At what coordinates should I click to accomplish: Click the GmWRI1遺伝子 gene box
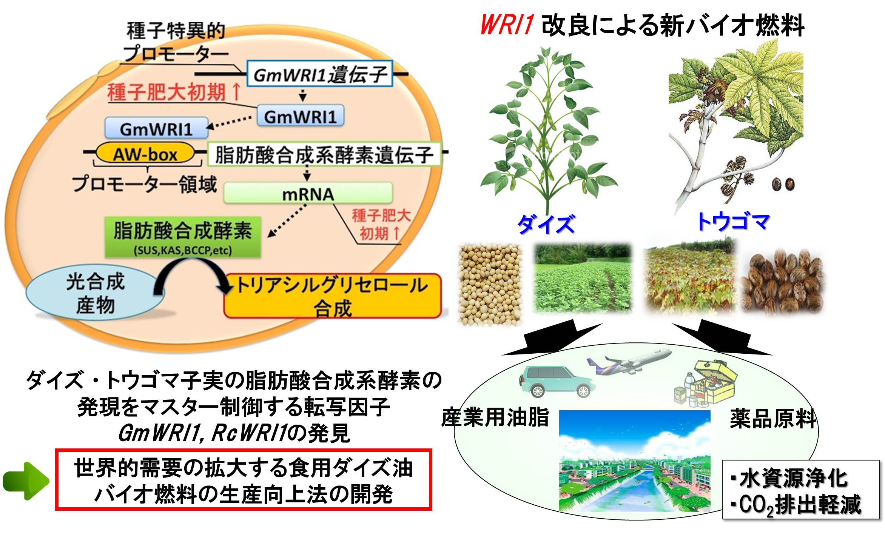(x=319, y=74)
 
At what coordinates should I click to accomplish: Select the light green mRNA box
(x=308, y=194)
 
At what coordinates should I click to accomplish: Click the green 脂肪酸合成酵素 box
(x=183, y=237)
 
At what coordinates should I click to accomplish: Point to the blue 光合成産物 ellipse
(x=95, y=292)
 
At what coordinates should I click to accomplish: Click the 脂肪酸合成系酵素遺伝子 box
(x=324, y=154)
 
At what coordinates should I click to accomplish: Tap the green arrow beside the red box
(x=26, y=481)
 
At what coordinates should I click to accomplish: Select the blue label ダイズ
(x=546, y=223)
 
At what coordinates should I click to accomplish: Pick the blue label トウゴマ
(x=733, y=222)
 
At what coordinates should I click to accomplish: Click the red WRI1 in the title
(x=507, y=25)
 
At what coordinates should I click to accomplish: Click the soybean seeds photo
(x=490, y=284)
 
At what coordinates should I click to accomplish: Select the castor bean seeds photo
(x=782, y=281)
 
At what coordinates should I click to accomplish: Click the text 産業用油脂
(x=495, y=417)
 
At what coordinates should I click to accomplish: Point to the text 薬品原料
(x=772, y=419)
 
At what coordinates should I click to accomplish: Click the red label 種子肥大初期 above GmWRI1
(x=174, y=92)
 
